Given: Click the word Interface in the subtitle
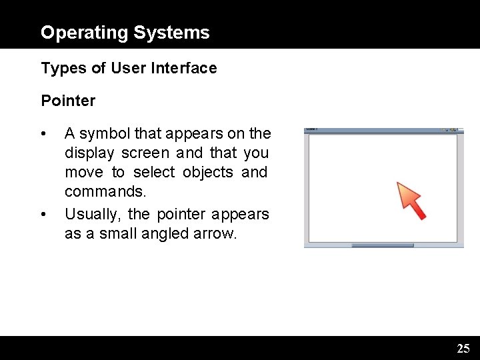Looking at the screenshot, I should [x=187, y=68].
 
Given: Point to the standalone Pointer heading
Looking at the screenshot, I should [x=68, y=101].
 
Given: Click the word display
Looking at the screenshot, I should [x=89, y=153].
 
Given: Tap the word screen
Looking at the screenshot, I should [x=145, y=153].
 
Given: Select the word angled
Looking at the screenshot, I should [x=161, y=233].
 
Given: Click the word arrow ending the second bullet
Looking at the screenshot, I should [x=215, y=233].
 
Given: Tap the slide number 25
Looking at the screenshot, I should [x=463, y=348].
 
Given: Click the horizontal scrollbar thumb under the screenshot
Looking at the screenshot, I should [x=383, y=245].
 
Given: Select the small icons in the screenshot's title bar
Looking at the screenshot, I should [x=451, y=130].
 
